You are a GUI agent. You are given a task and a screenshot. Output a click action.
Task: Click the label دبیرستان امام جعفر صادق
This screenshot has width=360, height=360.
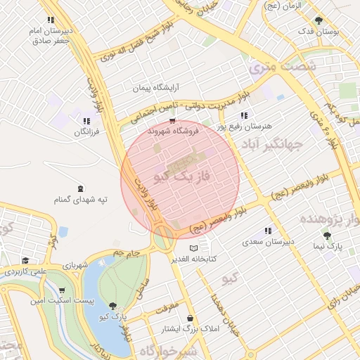[x=53, y=36]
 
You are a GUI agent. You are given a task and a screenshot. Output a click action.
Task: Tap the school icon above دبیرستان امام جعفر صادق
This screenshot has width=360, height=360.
[x=50, y=20]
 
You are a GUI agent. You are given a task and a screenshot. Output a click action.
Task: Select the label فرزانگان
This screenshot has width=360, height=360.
[x=86, y=132]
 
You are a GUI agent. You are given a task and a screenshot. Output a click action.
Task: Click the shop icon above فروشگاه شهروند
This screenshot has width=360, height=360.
[x=173, y=120]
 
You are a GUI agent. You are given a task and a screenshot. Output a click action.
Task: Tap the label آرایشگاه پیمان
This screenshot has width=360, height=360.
[x=157, y=88]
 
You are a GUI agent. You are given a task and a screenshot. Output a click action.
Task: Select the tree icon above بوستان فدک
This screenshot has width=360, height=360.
[x=319, y=20]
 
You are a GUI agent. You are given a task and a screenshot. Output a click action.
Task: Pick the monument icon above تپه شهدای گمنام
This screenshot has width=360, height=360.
[x=79, y=188]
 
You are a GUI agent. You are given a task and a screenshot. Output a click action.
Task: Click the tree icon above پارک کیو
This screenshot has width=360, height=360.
[x=113, y=306]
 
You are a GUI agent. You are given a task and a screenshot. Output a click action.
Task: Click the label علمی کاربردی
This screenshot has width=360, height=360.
[x=25, y=271]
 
